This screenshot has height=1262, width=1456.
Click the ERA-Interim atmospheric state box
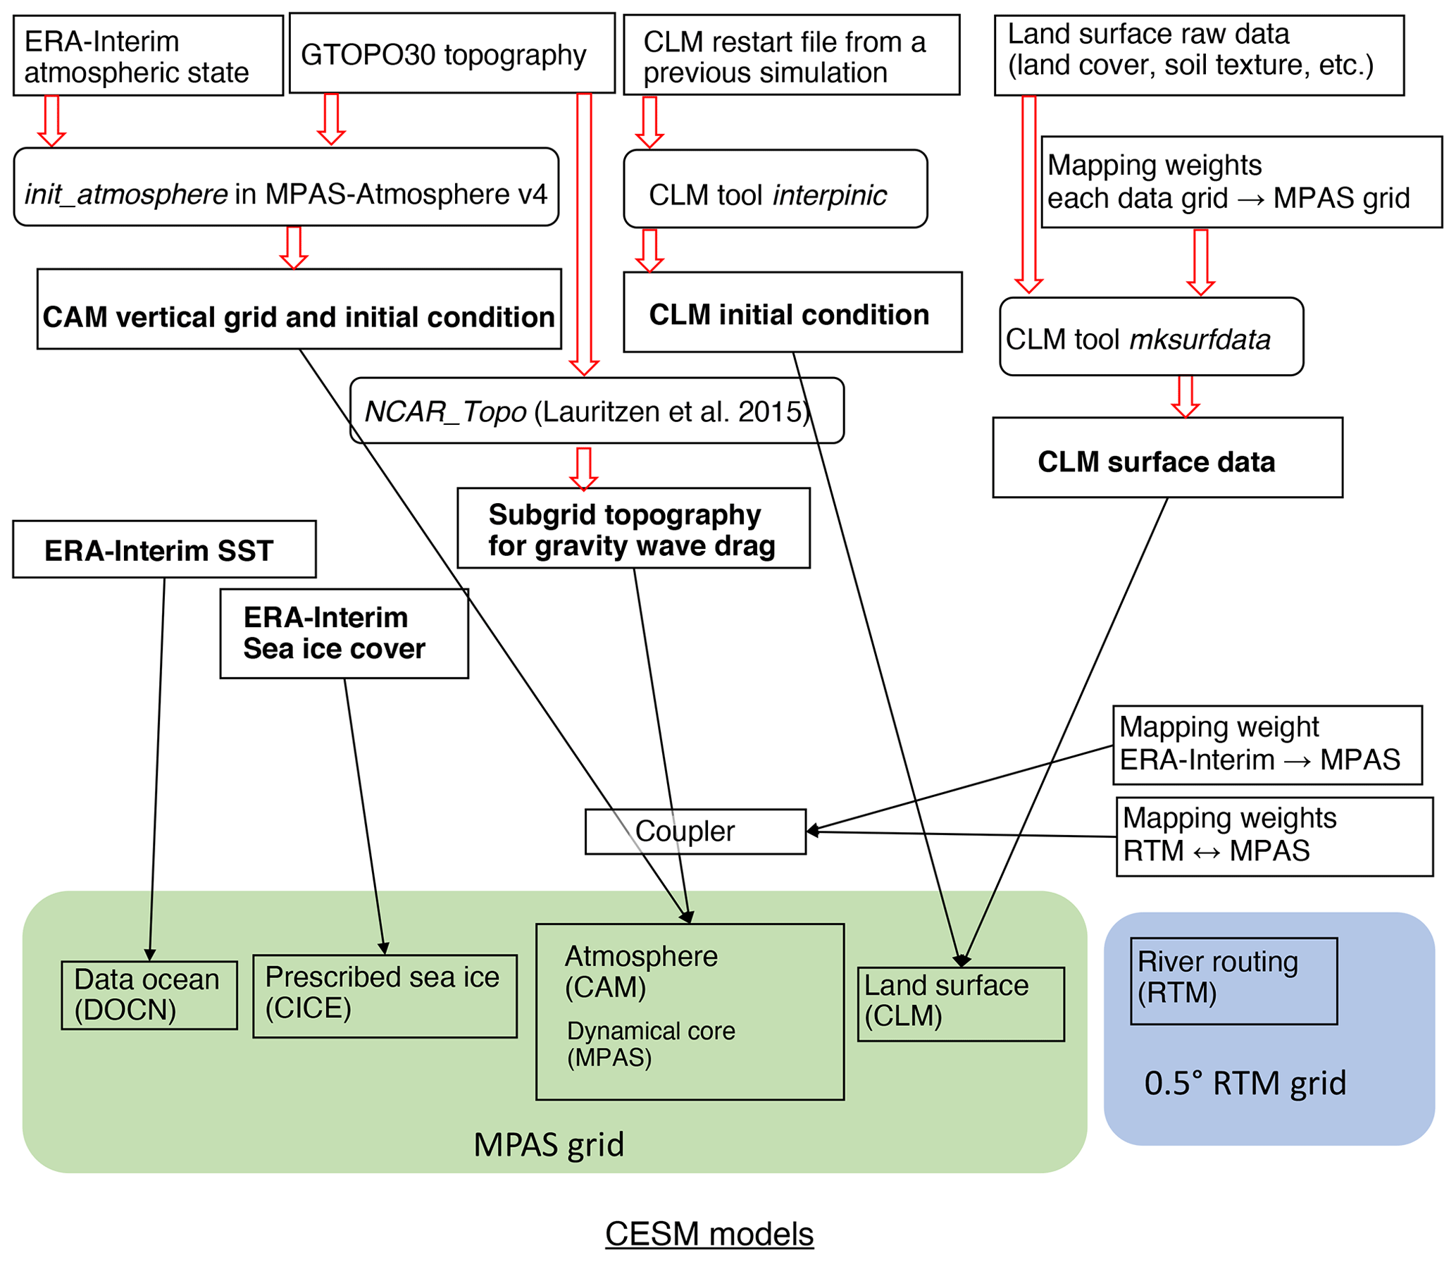click(x=148, y=56)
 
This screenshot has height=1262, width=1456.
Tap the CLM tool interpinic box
click(x=775, y=189)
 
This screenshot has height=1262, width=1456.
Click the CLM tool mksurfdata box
click(x=1150, y=337)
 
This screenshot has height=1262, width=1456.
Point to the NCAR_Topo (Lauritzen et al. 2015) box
click(x=596, y=411)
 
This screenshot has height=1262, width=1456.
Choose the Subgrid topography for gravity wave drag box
click(x=633, y=528)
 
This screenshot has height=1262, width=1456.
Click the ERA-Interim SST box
click(x=164, y=550)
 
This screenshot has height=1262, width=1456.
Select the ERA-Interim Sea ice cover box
click(x=344, y=633)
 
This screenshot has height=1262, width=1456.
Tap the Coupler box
click(x=695, y=831)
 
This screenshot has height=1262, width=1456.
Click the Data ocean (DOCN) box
click(x=149, y=995)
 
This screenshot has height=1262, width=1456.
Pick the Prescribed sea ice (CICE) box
click(x=384, y=995)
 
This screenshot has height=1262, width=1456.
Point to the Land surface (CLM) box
click(x=960, y=1003)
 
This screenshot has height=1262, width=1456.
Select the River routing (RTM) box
click(x=1233, y=980)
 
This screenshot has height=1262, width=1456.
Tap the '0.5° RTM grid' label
click(x=1244, y=1083)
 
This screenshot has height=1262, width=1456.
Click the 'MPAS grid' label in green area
click(x=548, y=1144)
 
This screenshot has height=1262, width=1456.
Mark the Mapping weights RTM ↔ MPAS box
click(x=1274, y=836)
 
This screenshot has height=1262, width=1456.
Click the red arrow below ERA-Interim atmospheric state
click(x=51, y=120)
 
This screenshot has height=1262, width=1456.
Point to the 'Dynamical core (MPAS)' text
click(x=650, y=1044)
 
